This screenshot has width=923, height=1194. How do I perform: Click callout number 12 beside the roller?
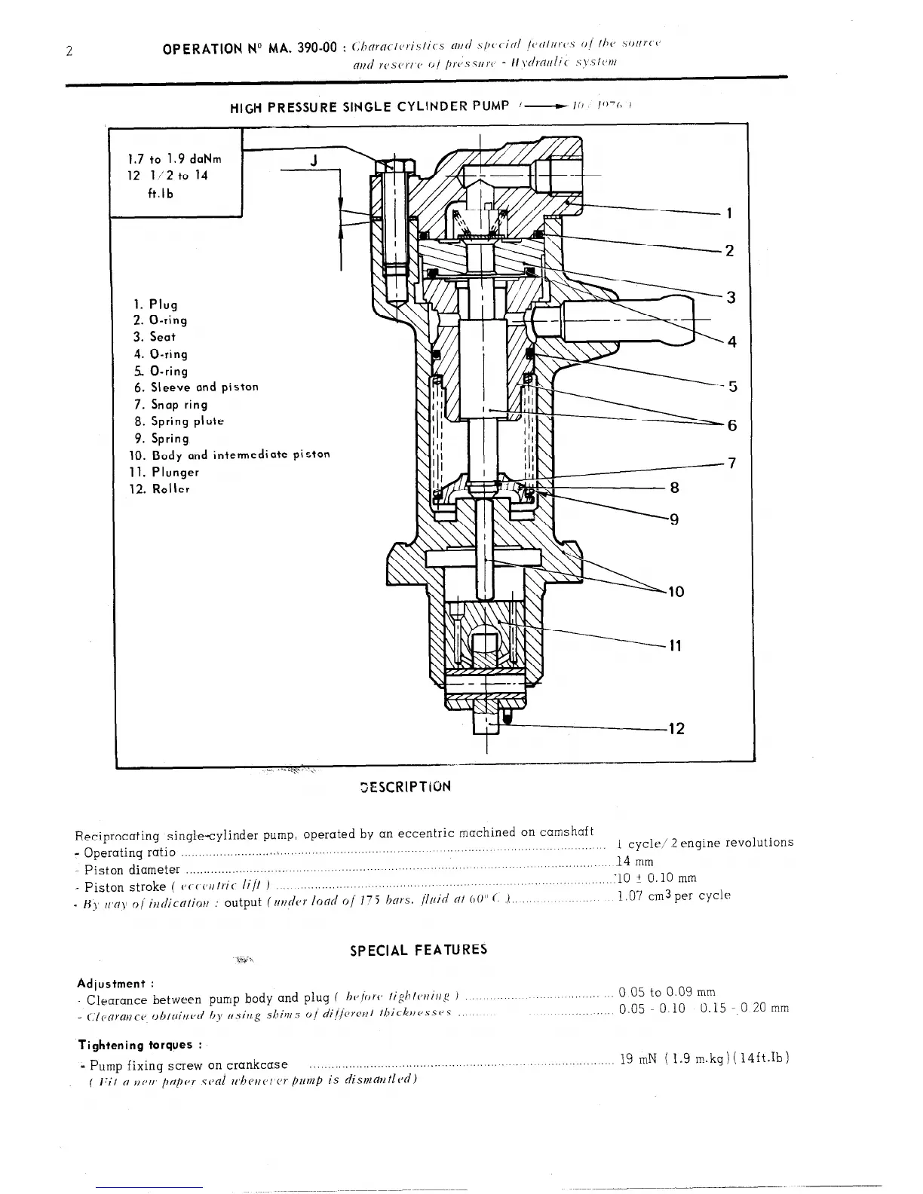(676, 728)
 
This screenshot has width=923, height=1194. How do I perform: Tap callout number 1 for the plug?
(729, 213)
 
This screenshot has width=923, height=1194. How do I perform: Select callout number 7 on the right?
(730, 463)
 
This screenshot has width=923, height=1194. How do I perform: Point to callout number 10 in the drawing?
(676, 592)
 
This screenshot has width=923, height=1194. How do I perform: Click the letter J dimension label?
(314, 160)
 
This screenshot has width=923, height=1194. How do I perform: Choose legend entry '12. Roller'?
(161, 489)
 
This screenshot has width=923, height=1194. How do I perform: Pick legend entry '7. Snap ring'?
(170, 405)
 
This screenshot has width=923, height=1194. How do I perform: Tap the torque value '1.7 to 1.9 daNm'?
(175, 159)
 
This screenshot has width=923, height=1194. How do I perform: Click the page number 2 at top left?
(69, 52)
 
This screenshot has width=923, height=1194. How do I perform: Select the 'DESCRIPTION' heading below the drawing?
(406, 786)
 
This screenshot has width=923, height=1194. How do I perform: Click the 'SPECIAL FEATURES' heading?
(419, 950)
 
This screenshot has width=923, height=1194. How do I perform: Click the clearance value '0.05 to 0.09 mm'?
(667, 992)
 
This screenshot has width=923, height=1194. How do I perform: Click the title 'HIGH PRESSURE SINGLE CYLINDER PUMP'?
(370, 106)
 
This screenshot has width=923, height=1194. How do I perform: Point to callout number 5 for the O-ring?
(731, 387)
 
